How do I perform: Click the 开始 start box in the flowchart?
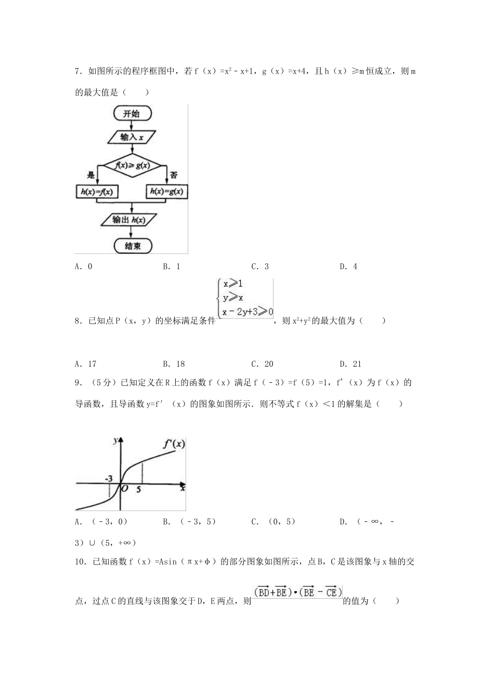click(x=132, y=113)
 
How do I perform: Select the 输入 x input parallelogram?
click(x=132, y=137)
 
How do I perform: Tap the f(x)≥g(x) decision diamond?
click(x=132, y=166)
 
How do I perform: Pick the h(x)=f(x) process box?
click(x=96, y=192)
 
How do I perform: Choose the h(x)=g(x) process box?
click(x=166, y=192)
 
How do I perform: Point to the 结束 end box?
click(x=132, y=246)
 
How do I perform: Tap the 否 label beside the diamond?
click(x=174, y=176)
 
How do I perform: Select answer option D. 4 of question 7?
click(x=348, y=266)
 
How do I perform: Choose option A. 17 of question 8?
click(x=86, y=364)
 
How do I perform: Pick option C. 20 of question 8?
click(x=262, y=364)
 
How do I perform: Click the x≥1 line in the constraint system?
click(x=233, y=284)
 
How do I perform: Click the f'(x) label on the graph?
click(x=174, y=444)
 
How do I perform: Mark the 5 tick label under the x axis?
click(x=139, y=489)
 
